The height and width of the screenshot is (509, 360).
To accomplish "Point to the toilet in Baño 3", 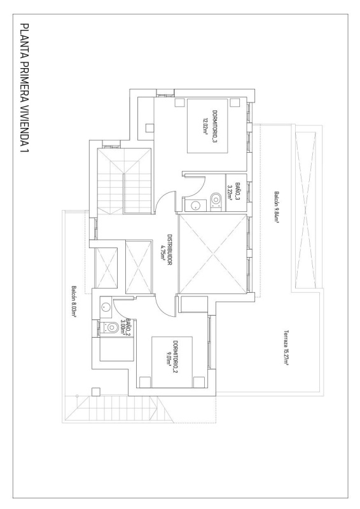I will tap(217, 199).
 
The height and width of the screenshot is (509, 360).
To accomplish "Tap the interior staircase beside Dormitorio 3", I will tap(124, 182).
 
